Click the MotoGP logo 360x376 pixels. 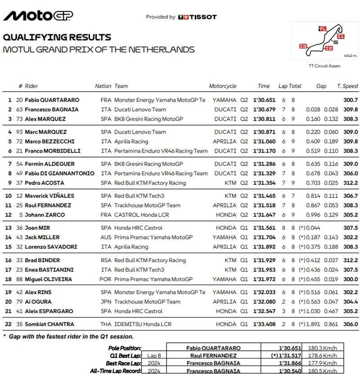point(38,16)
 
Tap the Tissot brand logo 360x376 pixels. point(198,17)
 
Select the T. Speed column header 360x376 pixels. point(347,86)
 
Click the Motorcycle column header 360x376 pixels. point(222,86)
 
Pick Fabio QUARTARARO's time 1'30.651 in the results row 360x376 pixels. point(264,100)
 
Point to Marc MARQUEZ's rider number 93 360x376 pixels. point(19,132)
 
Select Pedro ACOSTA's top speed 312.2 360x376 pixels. point(350,183)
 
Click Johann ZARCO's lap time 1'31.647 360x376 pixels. point(264,215)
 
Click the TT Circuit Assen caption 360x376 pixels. point(324,66)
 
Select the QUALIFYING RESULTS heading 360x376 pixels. point(57,37)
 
